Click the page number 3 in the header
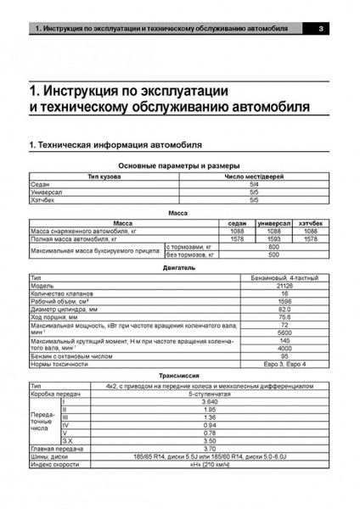click(318, 31)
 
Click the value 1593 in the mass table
click(271, 239)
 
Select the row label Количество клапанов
click(59, 293)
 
